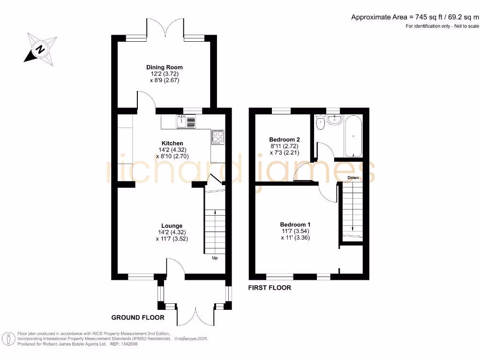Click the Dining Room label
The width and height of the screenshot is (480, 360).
pyautogui.click(x=165, y=67)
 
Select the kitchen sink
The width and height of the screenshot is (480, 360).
pyautogui.click(x=186, y=121)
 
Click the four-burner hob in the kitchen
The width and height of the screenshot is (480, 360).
pyautogui.click(x=217, y=137)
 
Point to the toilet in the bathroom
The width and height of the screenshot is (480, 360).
pyautogui.click(x=320, y=122)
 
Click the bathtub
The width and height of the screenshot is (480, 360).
pyautogui.click(x=353, y=136)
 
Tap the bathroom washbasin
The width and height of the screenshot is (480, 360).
pyautogui.click(x=335, y=120)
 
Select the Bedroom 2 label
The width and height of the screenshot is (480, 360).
pyautogui.click(x=285, y=140)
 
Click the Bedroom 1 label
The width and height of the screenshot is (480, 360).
pyautogui.click(x=295, y=225)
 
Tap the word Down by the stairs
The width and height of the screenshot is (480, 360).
pyautogui.click(x=353, y=178)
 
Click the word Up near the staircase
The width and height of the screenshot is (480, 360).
pyautogui.click(x=215, y=258)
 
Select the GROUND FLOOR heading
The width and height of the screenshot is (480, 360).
pyautogui.click(x=138, y=317)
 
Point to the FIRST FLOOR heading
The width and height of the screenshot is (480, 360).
pyautogui.click(x=270, y=288)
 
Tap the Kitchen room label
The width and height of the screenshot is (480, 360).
pyautogui.click(x=172, y=143)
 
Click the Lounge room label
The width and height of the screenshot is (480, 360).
pyautogui.click(x=172, y=226)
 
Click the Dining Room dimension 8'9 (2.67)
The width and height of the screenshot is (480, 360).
pyautogui.click(x=165, y=80)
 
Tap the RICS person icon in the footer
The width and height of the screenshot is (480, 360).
pyautogui.click(x=8, y=339)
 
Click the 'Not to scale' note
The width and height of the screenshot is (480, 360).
pyautogui.click(x=466, y=26)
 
